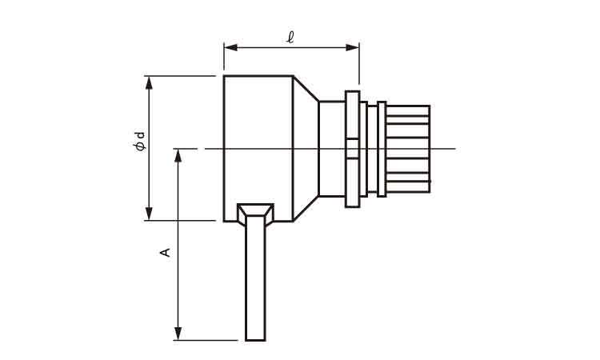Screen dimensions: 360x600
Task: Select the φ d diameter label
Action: point(140,143)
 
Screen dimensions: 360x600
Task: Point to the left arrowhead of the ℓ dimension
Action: point(230,47)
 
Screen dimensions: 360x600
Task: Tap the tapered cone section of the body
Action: point(306,148)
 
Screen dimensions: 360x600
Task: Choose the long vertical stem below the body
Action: point(255,280)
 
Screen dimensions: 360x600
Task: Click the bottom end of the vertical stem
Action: point(255,338)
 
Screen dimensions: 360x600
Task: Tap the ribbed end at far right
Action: point(408,148)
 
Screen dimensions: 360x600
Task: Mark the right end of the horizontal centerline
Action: point(454,148)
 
